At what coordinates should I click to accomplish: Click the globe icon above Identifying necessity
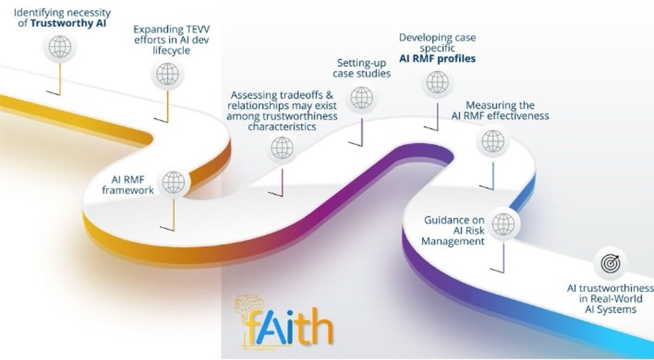click(x=59, y=47)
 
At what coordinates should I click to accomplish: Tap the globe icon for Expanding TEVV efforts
click(x=168, y=74)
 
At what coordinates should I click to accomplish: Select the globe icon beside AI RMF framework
click(x=174, y=182)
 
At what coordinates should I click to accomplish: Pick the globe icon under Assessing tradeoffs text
click(x=282, y=148)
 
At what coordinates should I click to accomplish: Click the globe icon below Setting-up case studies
click(x=361, y=98)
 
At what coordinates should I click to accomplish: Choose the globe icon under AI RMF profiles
click(x=438, y=82)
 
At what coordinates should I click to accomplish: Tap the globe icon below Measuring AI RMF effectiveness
click(x=492, y=141)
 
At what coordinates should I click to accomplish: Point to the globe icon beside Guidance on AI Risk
click(x=503, y=224)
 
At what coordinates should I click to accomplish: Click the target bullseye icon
click(x=610, y=264)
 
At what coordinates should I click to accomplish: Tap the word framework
click(x=132, y=190)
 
